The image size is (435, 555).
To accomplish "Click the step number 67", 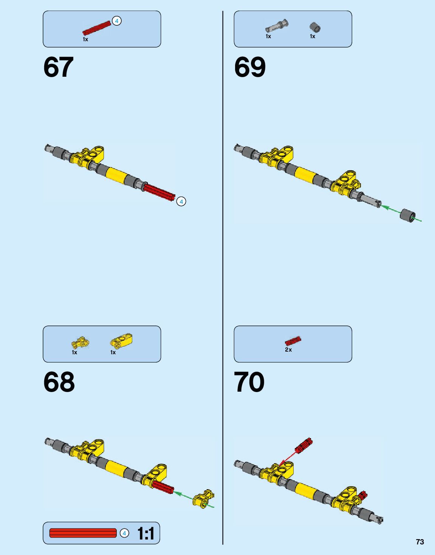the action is [x=58, y=67].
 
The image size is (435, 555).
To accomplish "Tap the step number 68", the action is [x=59, y=382].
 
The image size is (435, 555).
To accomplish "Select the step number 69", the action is [x=250, y=67].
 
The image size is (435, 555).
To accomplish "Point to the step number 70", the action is [x=249, y=382].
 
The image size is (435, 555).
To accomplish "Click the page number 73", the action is [x=420, y=542].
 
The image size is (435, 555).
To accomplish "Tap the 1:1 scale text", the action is [x=146, y=533].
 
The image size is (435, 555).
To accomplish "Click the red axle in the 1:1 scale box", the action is [x=83, y=533].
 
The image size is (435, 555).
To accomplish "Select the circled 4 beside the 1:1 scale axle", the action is [x=124, y=533].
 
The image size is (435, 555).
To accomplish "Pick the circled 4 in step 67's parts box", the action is [x=117, y=21].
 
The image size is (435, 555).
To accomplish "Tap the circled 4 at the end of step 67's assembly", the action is [x=181, y=202].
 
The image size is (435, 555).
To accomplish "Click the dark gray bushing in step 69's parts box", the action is [x=314, y=27].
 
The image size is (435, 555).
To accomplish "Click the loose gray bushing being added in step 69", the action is [x=408, y=215].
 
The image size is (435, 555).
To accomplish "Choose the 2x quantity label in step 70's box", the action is [x=288, y=350].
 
